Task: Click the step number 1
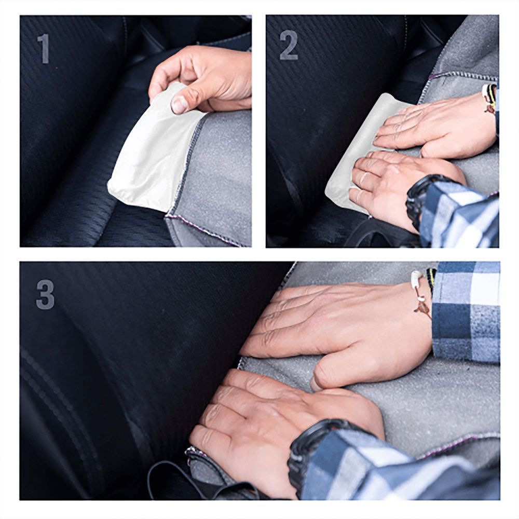coord(44,48)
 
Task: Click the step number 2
coord(289,45)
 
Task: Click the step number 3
coord(45,294)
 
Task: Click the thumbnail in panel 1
coord(179,104)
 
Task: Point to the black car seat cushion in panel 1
coord(67,156)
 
